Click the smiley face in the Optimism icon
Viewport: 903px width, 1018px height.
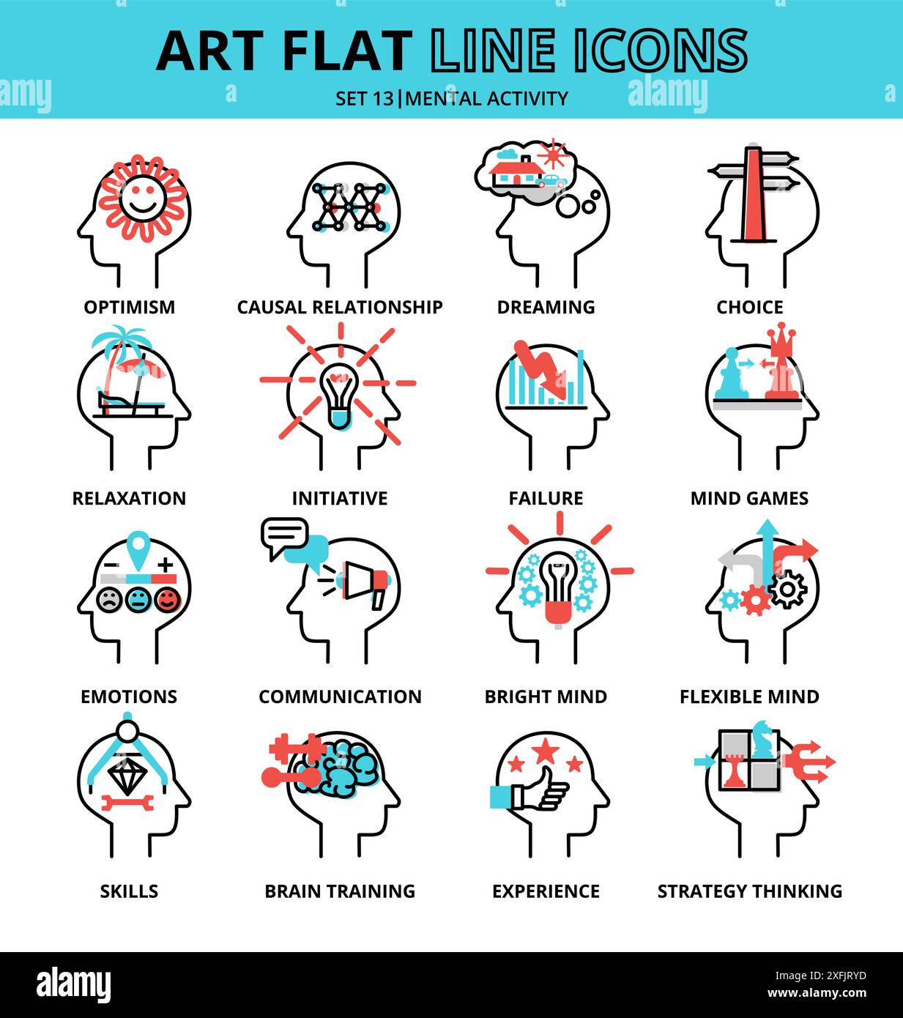click(140, 197)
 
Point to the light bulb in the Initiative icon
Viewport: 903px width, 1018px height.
click(338, 395)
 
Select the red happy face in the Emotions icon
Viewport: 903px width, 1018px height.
click(168, 600)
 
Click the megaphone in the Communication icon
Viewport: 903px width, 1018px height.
click(364, 583)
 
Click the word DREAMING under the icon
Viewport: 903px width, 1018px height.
click(546, 307)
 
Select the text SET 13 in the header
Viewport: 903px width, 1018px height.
click(364, 98)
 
